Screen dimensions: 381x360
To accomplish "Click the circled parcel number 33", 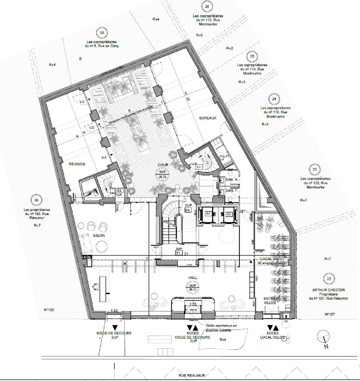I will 101,33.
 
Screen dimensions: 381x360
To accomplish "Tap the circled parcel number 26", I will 207,7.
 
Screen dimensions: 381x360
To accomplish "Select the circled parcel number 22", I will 329,279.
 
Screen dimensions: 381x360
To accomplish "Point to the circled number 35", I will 36,200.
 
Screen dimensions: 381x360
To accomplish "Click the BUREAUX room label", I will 208,118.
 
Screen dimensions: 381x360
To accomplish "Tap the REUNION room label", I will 77,164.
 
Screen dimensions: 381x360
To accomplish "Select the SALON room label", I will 99,236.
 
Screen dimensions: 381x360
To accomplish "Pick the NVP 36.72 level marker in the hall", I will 193,287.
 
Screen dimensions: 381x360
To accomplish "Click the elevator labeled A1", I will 208,214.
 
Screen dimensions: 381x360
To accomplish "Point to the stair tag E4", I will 187,210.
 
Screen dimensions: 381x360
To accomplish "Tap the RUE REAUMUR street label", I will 192,375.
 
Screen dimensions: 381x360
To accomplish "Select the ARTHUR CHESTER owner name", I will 328,290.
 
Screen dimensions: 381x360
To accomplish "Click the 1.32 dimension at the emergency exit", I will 114,311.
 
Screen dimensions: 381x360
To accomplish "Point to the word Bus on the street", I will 223,339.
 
